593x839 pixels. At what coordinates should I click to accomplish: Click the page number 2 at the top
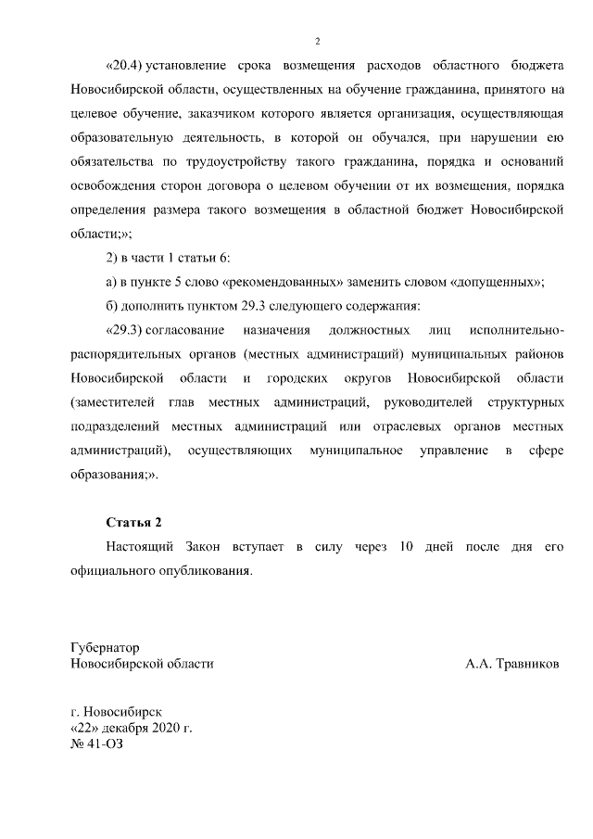(317, 41)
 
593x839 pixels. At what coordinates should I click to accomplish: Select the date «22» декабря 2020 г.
(131, 730)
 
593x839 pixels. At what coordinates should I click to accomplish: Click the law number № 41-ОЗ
(96, 746)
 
